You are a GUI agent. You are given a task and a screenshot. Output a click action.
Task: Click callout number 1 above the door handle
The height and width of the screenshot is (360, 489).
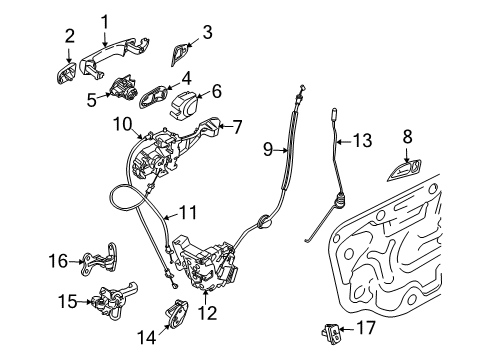105,20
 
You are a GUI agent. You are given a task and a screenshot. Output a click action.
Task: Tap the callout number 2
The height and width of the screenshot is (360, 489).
69,38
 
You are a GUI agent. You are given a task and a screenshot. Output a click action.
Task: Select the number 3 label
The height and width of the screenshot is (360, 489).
206,33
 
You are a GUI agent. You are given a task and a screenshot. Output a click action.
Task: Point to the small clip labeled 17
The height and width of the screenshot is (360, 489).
325,326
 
